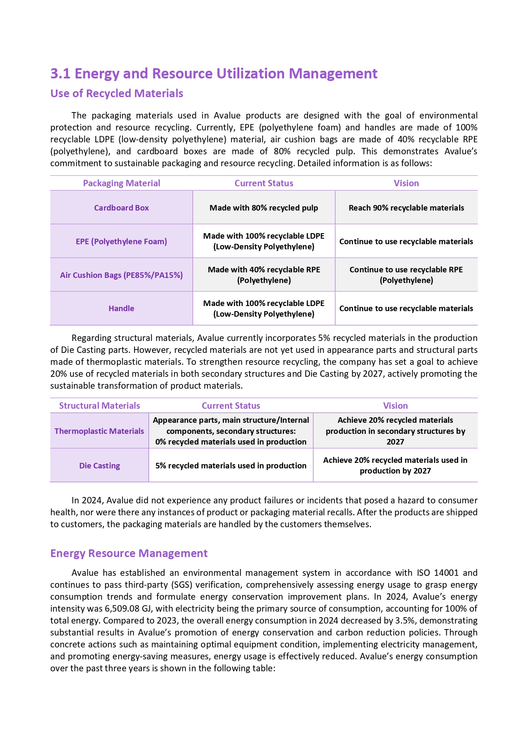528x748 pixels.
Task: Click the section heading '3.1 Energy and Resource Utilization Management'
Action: click(x=214, y=74)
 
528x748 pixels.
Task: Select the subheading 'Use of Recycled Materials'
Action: click(x=117, y=94)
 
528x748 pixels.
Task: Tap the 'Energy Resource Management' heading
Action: click(x=129, y=553)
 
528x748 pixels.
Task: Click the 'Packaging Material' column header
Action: click(x=121, y=183)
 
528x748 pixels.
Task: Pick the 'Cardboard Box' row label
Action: click(x=121, y=208)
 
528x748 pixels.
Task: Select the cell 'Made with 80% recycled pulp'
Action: click(x=264, y=208)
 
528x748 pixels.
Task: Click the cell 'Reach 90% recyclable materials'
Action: click(x=406, y=208)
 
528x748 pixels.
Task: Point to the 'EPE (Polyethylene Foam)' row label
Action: click(x=121, y=242)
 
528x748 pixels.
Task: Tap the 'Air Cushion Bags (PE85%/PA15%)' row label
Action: click(x=121, y=275)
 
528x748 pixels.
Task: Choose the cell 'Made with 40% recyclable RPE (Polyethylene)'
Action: click(x=264, y=275)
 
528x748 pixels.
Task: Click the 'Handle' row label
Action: click(x=121, y=309)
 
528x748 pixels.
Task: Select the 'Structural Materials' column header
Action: click(x=99, y=406)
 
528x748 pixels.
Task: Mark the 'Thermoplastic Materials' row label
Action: click(x=99, y=431)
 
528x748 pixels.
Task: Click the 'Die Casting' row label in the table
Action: click(x=99, y=466)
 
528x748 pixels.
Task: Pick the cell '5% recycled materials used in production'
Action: click(x=231, y=466)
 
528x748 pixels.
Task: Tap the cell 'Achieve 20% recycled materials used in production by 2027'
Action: click(x=395, y=465)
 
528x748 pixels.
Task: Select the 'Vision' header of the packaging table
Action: click(x=406, y=183)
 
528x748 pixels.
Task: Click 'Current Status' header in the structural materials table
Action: click(x=231, y=406)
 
